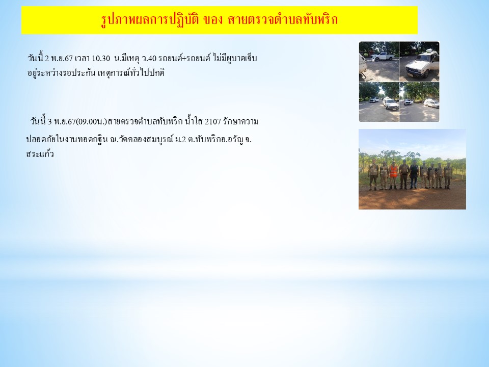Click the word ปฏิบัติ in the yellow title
pos(183,20)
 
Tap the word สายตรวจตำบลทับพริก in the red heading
pos(283,20)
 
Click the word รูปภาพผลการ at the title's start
pos(134,20)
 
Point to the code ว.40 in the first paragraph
pos(149,58)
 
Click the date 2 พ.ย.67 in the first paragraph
pos(59,58)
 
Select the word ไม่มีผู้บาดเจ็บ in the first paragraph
pos(235,58)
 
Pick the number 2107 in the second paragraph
pos(213,121)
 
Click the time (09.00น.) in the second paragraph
pos(91,121)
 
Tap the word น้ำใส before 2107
pos(194,121)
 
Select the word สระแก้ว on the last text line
pos(40,154)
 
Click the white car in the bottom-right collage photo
pos(431,103)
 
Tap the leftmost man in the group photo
pos(373,176)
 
